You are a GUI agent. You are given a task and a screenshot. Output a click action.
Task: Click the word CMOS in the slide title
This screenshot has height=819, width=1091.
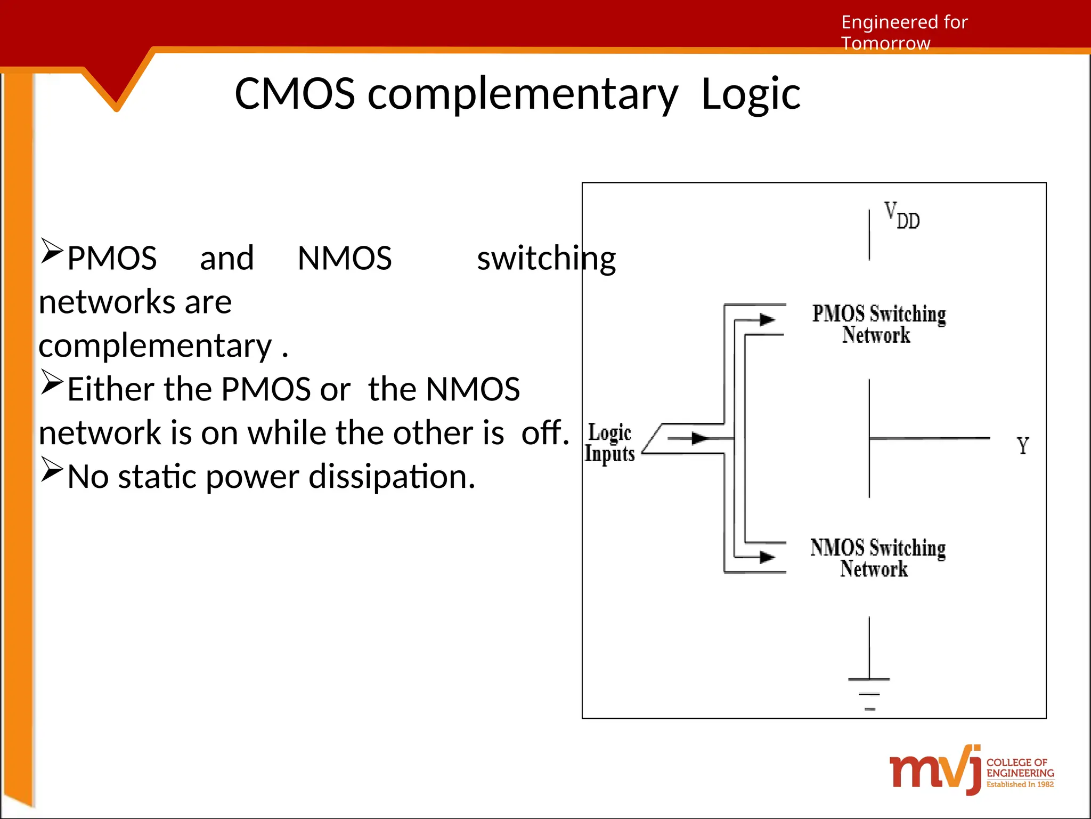(x=295, y=94)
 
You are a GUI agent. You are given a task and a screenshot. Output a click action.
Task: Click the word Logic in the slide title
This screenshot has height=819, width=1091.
(x=751, y=94)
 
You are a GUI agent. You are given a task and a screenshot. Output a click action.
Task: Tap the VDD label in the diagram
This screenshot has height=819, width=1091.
(x=901, y=215)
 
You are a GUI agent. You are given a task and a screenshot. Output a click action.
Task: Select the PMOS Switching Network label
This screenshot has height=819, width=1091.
(x=878, y=324)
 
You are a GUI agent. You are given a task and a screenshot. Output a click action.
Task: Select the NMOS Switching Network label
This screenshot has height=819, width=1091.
(x=877, y=558)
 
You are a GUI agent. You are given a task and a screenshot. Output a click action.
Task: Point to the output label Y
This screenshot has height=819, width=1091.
(x=1022, y=446)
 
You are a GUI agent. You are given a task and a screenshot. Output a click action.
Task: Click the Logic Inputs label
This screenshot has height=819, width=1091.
(x=610, y=443)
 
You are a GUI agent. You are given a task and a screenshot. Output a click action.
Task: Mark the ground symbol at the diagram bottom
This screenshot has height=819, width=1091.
(x=869, y=693)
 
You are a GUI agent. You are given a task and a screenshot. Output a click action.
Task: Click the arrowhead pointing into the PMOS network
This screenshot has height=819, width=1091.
(x=767, y=320)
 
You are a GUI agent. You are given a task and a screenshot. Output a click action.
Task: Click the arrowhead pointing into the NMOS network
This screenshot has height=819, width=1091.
(x=767, y=557)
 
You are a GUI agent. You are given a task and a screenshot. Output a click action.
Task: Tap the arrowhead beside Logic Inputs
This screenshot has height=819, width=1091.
(x=699, y=438)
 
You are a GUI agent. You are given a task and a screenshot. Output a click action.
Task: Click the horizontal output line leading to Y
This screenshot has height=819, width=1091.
(x=930, y=438)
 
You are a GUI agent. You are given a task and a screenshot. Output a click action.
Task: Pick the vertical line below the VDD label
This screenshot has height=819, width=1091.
(x=869, y=235)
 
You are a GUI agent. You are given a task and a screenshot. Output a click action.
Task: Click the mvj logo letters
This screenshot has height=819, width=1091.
(x=934, y=770)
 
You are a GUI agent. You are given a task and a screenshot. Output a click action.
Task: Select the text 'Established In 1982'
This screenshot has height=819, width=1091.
(x=1020, y=784)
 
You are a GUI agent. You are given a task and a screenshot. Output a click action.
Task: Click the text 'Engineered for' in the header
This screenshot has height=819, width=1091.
(x=904, y=22)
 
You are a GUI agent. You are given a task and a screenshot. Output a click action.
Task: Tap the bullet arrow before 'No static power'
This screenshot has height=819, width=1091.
(x=52, y=470)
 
